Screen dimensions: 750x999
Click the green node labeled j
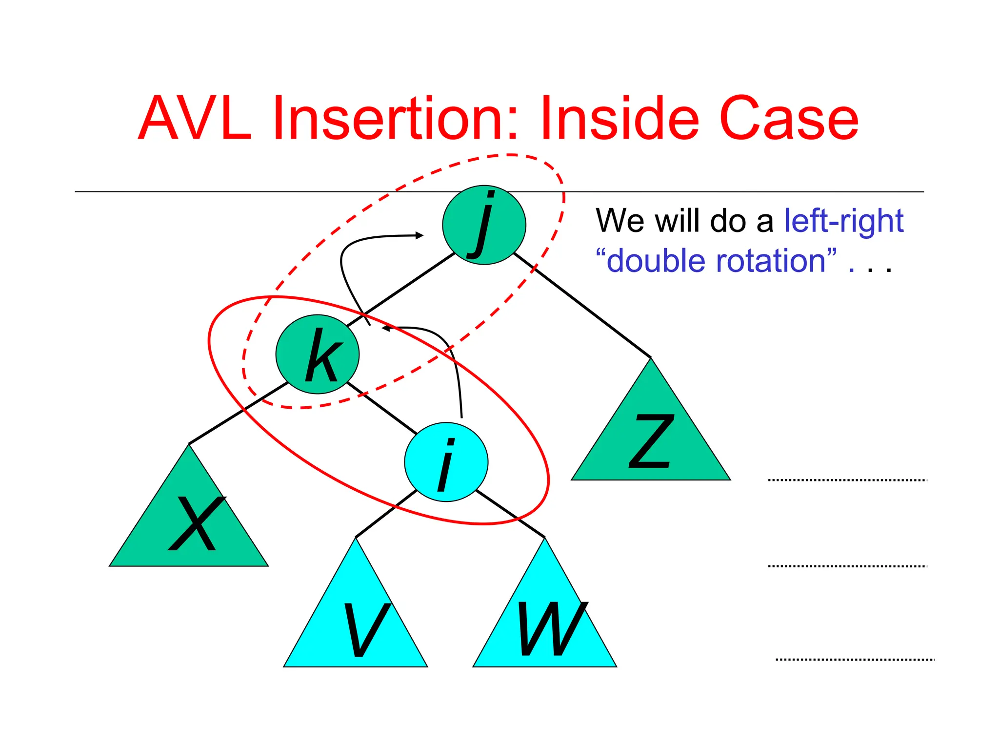click(x=484, y=225)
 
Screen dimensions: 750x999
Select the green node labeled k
click(x=318, y=354)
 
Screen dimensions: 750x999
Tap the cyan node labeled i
click(x=446, y=462)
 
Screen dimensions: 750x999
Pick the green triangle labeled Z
click(x=651, y=439)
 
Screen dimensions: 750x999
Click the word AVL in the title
click(x=195, y=119)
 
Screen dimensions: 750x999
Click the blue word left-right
click(x=843, y=221)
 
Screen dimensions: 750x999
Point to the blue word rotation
click(x=776, y=261)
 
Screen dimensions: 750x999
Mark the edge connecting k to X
click(x=238, y=413)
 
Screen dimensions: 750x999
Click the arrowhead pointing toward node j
click(x=419, y=236)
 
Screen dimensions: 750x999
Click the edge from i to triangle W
click(x=510, y=514)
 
